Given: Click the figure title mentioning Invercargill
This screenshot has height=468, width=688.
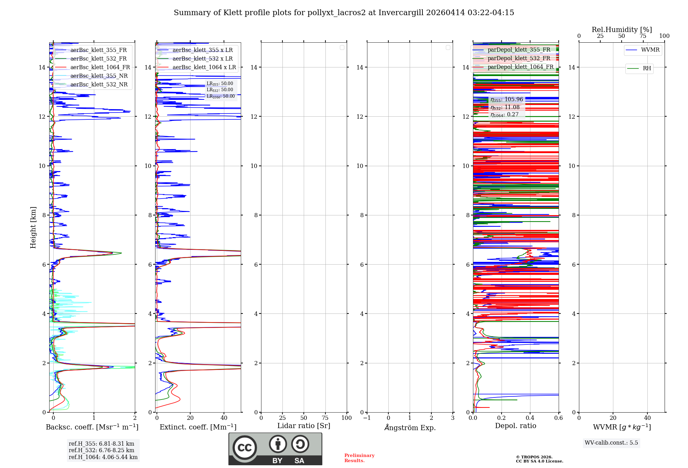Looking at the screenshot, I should [344, 13].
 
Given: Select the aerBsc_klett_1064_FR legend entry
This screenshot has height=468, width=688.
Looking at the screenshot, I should [100, 67].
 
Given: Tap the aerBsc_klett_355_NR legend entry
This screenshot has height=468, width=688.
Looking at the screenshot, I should [99, 76].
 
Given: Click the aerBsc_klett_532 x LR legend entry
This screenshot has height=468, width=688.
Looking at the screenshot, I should [202, 59].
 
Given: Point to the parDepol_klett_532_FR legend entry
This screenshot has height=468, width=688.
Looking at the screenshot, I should [519, 58].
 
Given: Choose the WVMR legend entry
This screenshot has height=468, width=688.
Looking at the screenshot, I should [650, 50].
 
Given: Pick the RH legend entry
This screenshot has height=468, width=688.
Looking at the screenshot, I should [646, 68].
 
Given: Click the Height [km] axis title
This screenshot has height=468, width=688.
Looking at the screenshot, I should [33, 227].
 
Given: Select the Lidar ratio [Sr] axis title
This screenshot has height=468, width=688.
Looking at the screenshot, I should [304, 426].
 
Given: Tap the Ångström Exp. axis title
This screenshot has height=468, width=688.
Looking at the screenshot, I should [410, 427].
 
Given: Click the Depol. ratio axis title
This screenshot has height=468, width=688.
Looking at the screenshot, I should [515, 426].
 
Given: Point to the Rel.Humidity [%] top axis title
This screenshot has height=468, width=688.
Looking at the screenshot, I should [622, 30].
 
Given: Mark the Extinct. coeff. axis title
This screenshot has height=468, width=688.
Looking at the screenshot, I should [198, 427].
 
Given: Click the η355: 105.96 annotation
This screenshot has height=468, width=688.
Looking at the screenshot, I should [507, 99].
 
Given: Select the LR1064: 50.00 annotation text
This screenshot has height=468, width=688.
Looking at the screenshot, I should [221, 96].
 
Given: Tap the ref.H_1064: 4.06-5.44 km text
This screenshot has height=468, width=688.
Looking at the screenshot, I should [103, 457].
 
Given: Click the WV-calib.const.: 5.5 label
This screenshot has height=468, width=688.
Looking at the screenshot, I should [611, 443].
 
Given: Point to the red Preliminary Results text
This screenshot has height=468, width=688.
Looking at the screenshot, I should [359, 458].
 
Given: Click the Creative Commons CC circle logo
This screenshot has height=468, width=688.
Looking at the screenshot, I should [245, 447].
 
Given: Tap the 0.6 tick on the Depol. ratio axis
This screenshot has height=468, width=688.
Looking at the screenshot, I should [558, 418].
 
